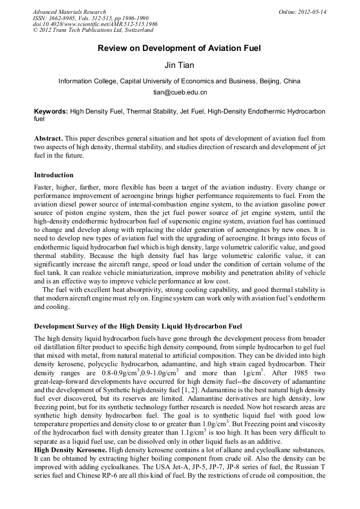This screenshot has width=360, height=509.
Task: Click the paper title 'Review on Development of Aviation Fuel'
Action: click(x=179, y=48)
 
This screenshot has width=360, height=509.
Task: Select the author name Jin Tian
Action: click(x=179, y=65)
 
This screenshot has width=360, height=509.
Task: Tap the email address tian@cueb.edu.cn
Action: click(x=179, y=92)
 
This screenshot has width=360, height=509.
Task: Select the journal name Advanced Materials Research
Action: click(x=69, y=12)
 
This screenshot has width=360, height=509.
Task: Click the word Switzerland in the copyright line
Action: click(x=136, y=30)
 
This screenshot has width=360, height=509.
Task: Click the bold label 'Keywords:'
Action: click(x=51, y=111)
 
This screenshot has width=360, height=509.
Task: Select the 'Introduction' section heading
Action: click(x=54, y=175)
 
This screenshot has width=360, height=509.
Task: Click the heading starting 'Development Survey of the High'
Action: click(x=138, y=325)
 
